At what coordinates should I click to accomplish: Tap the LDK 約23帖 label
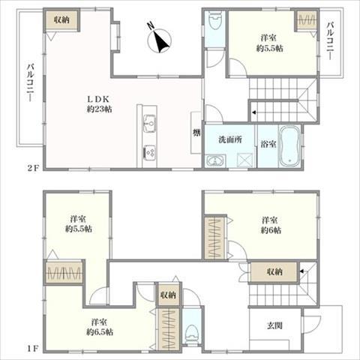(x=97, y=103)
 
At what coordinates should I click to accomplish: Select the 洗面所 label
(x=230, y=139)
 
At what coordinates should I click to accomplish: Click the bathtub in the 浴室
(x=289, y=148)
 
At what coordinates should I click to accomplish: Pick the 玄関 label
(x=275, y=326)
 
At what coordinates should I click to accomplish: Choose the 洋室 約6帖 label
(x=271, y=225)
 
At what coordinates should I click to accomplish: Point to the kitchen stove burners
(x=148, y=153)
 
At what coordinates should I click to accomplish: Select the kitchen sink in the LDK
(x=148, y=122)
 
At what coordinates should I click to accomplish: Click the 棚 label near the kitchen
(x=196, y=133)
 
